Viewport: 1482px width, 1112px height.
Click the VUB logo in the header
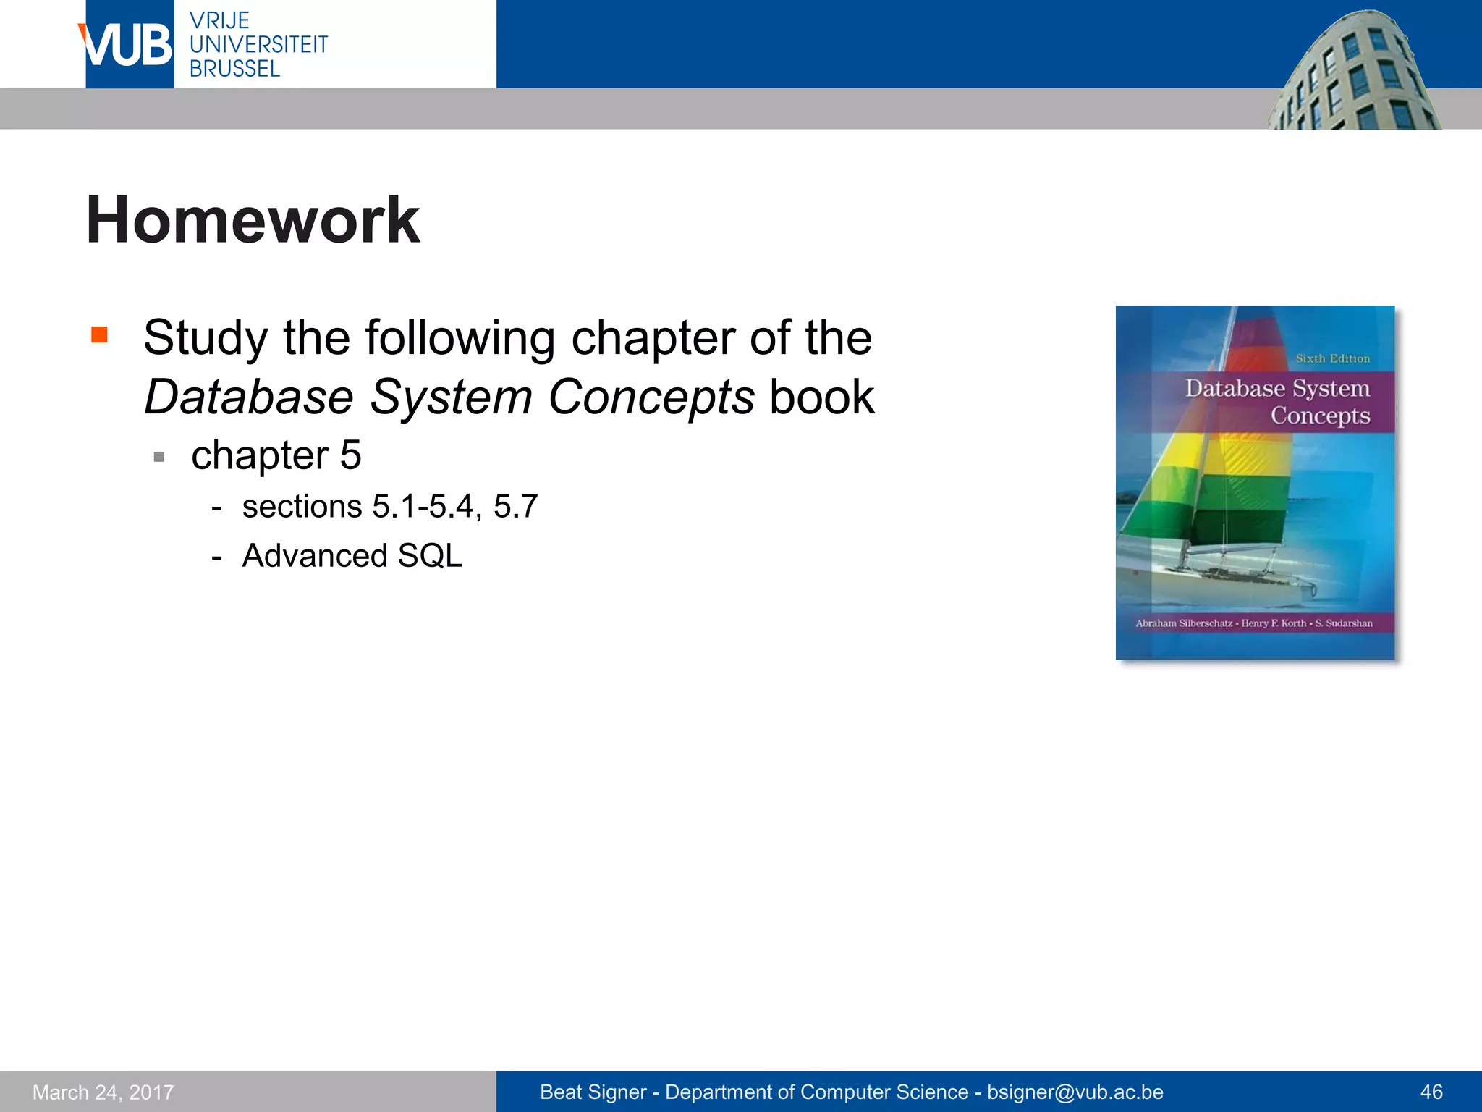(128, 45)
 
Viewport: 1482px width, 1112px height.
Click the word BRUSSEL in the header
(234, 69)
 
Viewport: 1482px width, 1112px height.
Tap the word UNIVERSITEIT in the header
(258, 45)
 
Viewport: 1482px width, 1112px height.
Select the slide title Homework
(253, 220)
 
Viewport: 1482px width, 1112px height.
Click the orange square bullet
(99, 334)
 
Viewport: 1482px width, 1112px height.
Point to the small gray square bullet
(159, 457)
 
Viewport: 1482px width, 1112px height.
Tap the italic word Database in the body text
(248, 397)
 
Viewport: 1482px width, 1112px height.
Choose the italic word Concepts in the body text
(651, 397)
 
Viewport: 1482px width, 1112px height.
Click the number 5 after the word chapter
(350, 455)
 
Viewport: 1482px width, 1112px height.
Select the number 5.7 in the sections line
(515, 506)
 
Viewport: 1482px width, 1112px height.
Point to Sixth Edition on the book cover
(1332, 358)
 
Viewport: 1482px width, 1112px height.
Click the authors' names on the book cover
(1254, 623)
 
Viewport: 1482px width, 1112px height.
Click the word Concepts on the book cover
(1320, 416)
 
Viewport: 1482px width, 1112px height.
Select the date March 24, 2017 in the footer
(103, 1092)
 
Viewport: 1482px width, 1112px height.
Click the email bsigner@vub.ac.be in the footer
(1075, 1092)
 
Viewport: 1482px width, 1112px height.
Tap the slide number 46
(1431, 1092)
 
